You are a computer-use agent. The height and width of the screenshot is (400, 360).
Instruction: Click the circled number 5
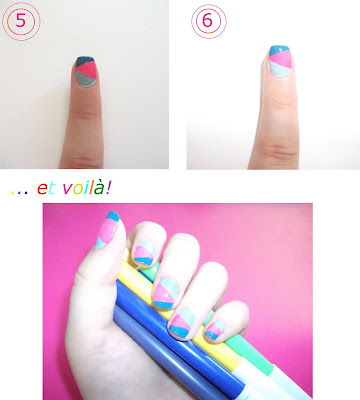tap(21, 21)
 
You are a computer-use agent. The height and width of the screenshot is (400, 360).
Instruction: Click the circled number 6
tap(208, 21)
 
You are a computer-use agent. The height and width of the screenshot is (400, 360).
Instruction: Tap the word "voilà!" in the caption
tap(87, 188)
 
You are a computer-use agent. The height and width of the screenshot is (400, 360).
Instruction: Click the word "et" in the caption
tap(46, 189)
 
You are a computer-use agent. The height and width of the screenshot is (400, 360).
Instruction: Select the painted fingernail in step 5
tap(86, 71)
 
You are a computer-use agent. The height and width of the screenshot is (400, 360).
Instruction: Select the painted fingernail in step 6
tap(279, 61)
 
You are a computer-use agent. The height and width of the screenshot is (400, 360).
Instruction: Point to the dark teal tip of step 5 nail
tap(85, 61)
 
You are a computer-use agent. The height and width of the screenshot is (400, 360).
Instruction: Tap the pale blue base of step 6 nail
tap(278, 70)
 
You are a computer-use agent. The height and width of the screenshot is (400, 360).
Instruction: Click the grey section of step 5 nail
tap(85, 79)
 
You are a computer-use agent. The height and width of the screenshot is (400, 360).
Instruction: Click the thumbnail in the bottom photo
tap(106, 229)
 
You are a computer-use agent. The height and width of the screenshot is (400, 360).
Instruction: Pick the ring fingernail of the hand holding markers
tap(182, 323)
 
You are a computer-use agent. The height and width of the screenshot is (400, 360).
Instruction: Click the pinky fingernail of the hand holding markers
tap(214, 330)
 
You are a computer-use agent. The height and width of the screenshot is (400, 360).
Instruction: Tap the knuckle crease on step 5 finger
tap(84, 114)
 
